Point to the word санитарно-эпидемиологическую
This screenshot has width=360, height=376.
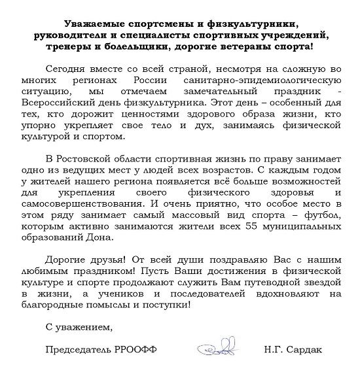click(268, 80)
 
